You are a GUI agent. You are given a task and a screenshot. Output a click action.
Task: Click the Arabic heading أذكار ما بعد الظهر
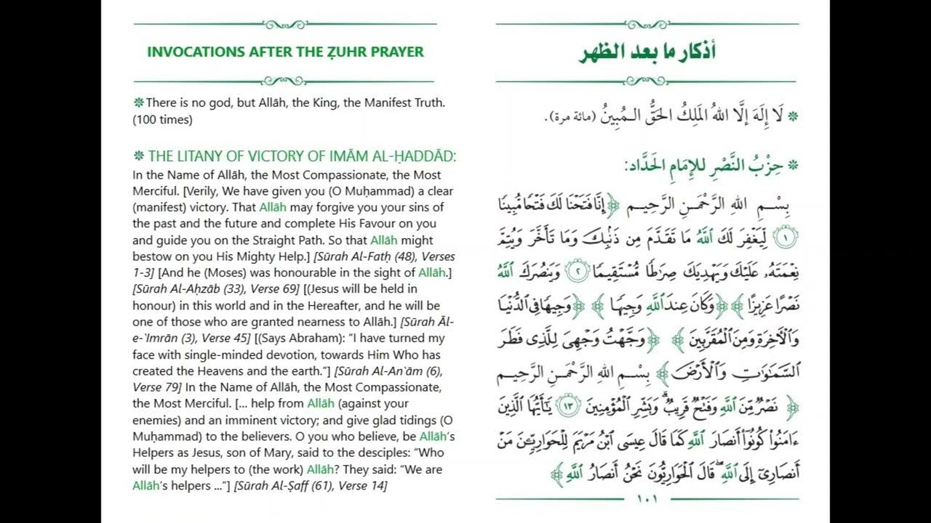pos(647,53)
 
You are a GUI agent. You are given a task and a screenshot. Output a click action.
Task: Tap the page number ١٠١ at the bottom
pos(647,499)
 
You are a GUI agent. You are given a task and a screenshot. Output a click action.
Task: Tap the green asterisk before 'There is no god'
pos(138,103)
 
